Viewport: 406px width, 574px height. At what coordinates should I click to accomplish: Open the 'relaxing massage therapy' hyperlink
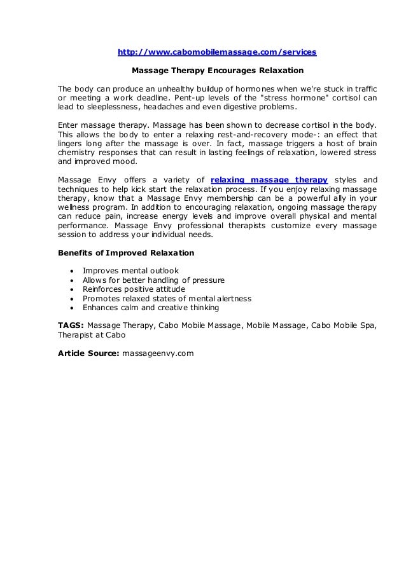[x=269, y=180]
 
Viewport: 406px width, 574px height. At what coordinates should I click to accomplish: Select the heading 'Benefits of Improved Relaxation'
[x=126, y=252]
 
